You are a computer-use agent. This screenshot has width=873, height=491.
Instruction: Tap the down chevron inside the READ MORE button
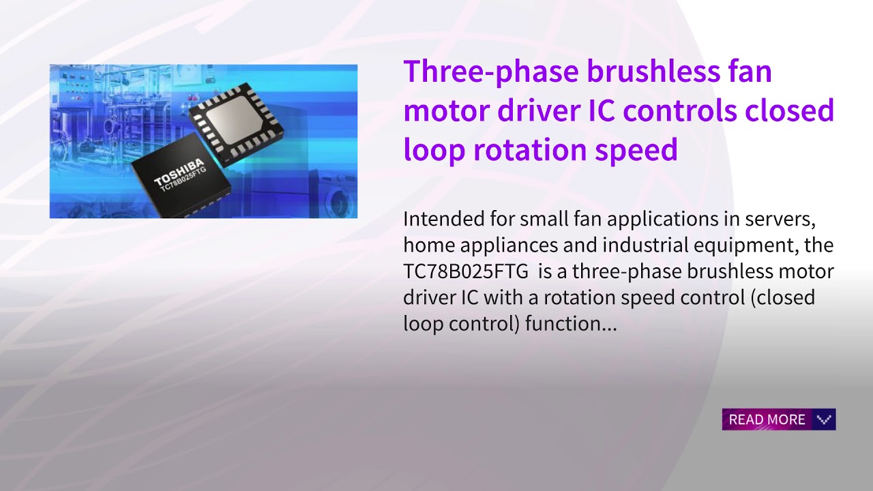824,419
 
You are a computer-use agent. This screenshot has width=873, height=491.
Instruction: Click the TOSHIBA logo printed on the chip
179,173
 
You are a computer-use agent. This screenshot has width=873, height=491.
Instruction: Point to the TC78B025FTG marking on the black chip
183,183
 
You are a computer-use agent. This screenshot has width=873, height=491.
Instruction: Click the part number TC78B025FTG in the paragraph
466,271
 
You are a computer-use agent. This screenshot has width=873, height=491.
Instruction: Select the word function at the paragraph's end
572,324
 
